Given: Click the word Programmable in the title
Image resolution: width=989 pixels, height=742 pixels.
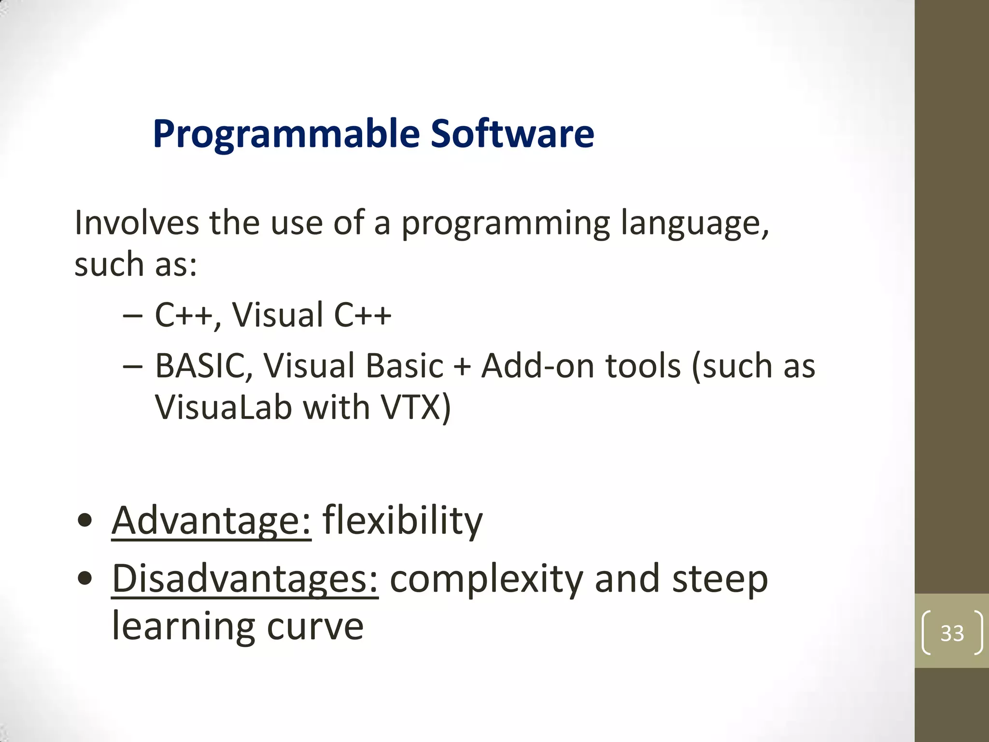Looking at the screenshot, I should point(286,134).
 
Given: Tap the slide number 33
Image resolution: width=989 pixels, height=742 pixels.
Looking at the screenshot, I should point(952,633).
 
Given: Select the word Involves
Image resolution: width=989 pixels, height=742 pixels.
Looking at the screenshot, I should point(137,223).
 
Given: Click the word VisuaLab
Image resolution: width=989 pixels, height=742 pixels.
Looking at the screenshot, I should point(224,407).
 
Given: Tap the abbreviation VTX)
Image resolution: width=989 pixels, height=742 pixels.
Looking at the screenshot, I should point(416,407).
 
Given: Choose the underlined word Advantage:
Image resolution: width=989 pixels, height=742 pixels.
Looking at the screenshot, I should point(212,521).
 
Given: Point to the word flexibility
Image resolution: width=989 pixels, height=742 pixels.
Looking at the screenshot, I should point(402,521).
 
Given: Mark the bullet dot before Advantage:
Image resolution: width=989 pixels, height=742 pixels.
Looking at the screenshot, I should point(85,521).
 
